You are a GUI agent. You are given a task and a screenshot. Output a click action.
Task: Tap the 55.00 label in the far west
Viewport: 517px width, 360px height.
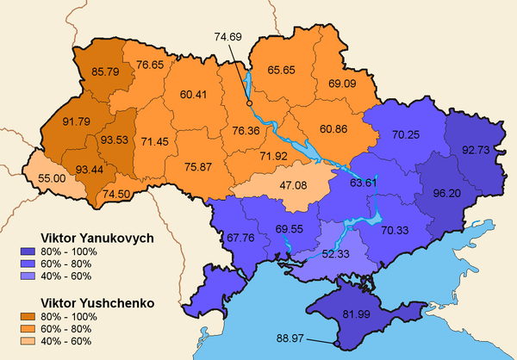(53, 178)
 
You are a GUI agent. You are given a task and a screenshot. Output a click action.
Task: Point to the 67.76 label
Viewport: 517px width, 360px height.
(241, 238)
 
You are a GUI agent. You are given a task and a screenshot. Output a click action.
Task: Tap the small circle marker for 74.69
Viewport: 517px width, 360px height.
(250, 103)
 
